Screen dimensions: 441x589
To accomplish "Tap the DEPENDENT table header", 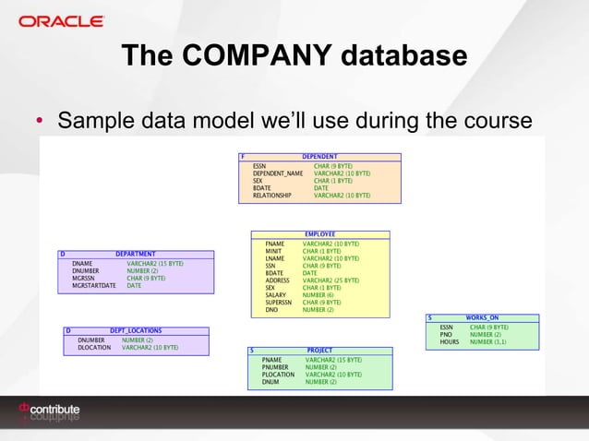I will pyautogui.click(x=321, y=157).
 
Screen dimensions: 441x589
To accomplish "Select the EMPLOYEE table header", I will pyautogui.click(x=319, y=234).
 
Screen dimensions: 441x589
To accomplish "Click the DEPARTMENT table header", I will pyautogui.click(x=135, y=254).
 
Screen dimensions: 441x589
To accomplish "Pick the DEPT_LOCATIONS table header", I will pyautogui.click(x=135, y=330).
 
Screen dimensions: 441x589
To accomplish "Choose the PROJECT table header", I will pyautogui.click(x=319, y=351).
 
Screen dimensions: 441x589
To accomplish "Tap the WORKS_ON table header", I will pyautogui.click(x=482, y=318).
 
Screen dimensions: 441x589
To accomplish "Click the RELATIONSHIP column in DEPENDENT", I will pyautogui.click(x=272, y=196).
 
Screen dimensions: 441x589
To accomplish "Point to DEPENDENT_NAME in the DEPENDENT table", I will pyautogui.click(x=278, y=173).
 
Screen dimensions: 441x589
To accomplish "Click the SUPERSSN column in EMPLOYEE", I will pyautogui.click(x=279, y=303).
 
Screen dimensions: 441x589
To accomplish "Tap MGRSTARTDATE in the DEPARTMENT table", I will pyautogui.click(x=93, y=286).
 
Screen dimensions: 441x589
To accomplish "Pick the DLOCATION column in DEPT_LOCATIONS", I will pyautogui.click(x=94, y=348).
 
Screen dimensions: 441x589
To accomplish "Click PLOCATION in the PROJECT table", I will pyautogui.click(x=278, y=375).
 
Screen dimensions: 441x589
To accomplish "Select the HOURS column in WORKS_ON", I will pyautogui.click(x=450, y=341).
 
